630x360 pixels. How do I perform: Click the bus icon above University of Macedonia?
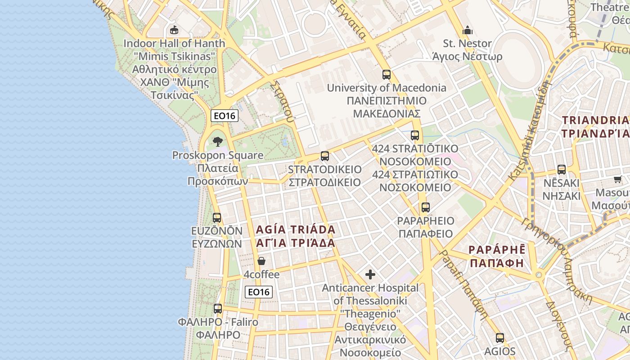(x=386, y=75)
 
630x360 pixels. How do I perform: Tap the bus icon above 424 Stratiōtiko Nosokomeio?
(x=415, y=135)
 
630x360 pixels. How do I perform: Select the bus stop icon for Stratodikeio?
(x=324, y=156)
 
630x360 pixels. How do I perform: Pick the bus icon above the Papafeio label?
(x=425, y=207)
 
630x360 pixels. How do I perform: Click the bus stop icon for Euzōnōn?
(x=217, y=218)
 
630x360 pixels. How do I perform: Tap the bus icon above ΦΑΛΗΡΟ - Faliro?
(x=218, y=309)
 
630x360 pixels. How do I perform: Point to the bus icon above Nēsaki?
(x=561, y=170)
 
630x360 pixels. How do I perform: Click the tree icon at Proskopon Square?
(x=218, y=142)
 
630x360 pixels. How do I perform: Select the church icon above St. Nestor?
(x=468, y=31)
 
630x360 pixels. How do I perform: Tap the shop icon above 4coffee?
(x=261, y=261)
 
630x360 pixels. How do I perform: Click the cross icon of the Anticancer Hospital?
(x=370, y=274)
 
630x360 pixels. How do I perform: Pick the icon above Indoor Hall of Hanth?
(x=174, y=30)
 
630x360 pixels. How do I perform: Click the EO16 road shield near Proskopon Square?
(x=225, y=116)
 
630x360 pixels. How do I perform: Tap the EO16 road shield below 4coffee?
(x=259, y=292)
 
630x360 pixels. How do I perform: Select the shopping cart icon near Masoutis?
(x=617, y=180)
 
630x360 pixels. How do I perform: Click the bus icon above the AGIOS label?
(x=499, y=338)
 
